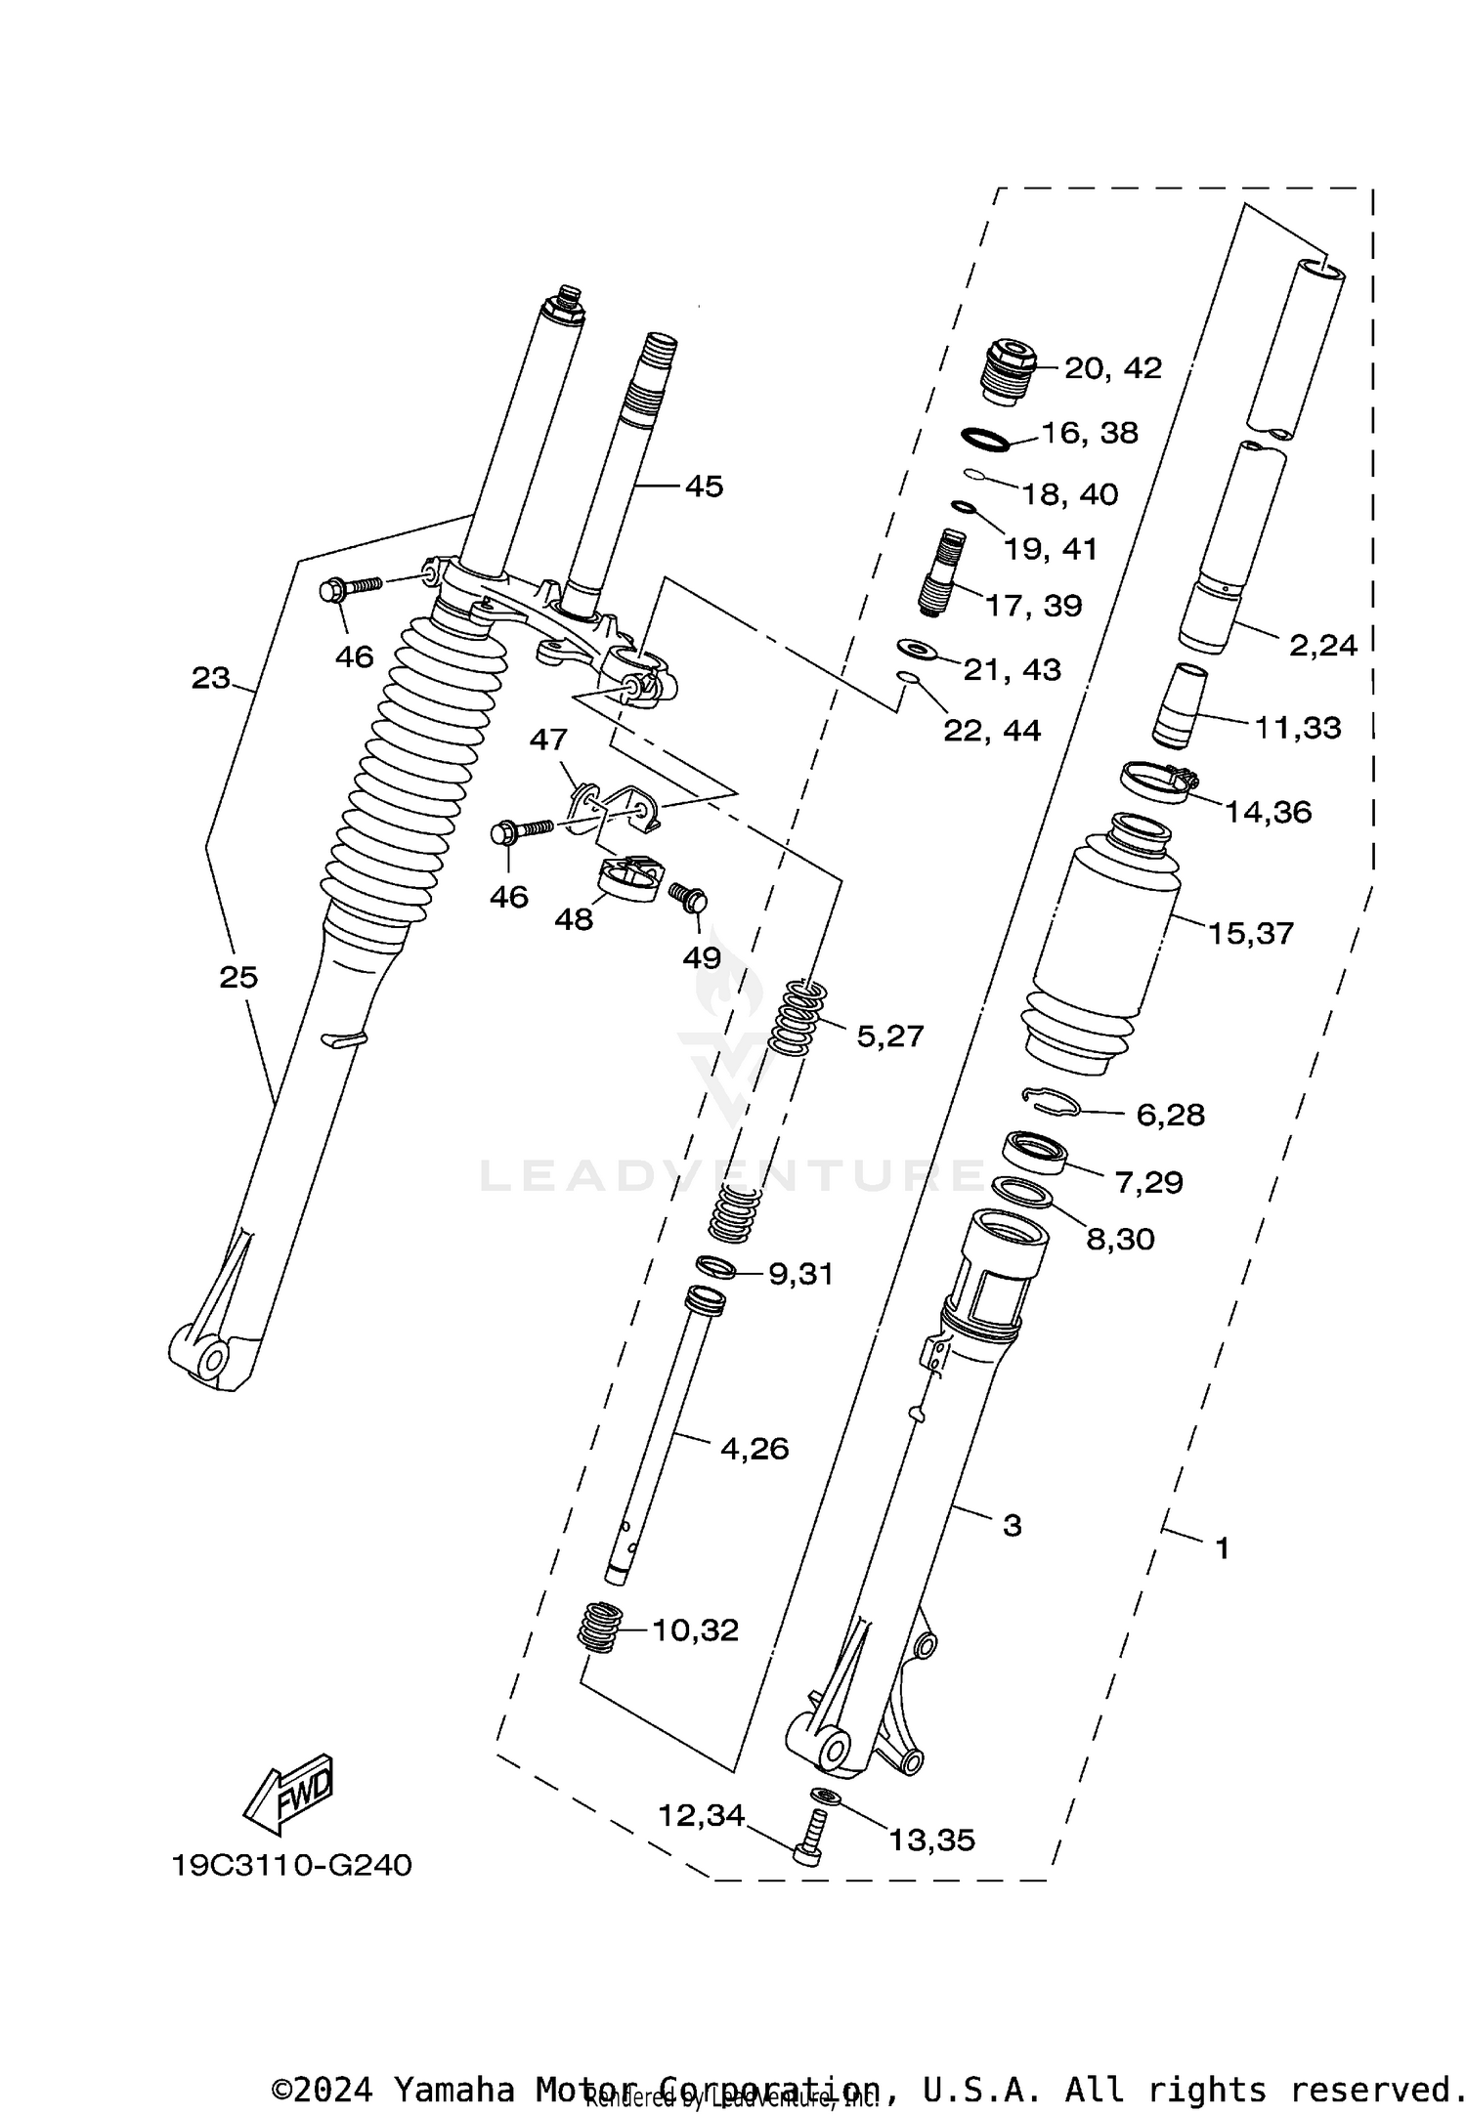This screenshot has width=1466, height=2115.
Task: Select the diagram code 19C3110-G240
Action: (292, 1865)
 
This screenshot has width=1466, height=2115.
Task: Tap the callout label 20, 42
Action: (1112, 368)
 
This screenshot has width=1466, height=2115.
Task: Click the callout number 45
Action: (704, 486)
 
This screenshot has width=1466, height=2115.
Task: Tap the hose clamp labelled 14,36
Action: (1158, 783)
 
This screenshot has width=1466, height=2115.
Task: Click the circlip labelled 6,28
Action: (1053, 1100)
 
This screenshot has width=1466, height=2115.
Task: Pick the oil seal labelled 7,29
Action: (1035, 1153)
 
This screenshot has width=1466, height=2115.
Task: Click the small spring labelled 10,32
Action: (600, 1627)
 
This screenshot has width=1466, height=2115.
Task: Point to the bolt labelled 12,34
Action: (810, 1840)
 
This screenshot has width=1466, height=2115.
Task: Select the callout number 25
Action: (238, 976)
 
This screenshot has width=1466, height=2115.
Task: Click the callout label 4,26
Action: (754, 1448)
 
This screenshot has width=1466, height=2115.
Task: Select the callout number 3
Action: (1012, 1524)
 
